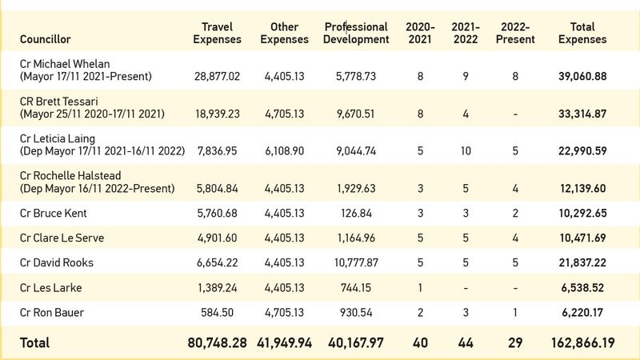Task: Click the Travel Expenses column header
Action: (217, 33)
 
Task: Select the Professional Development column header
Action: (356, 33)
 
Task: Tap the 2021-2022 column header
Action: (466, 33)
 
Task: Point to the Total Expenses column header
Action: (582, 33)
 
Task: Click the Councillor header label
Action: (46, 39)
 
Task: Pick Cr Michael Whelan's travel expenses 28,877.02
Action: (217, 76)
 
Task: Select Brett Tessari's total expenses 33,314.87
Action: (582, 114)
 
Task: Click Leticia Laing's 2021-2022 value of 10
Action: (466, 151)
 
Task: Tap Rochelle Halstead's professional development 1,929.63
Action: (356, 189)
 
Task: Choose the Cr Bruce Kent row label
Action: (54, 213)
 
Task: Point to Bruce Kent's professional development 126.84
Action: (356, 213)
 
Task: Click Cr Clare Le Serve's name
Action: (62, 238)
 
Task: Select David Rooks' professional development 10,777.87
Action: (356, 263)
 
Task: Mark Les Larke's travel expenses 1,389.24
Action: (217, 288)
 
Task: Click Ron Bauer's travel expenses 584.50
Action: (217, 313)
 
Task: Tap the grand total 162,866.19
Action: (583, 343)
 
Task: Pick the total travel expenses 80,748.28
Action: (217, 343)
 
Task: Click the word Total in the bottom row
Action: (34, 343)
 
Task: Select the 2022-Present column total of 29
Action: (515, 343)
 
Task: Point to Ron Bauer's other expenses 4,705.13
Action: (285, 313)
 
